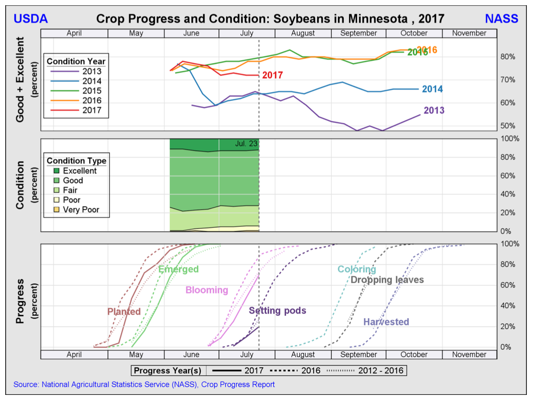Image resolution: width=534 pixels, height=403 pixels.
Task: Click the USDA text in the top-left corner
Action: pyautogui.click(x=31, y=19)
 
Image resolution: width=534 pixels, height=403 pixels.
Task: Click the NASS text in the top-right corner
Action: pyautogui.click(x=502, y=19)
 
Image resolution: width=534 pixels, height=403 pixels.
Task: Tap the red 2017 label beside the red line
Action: pyautogui.click(x=272, y=75)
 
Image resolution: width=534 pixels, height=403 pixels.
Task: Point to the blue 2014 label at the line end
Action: pyautogui.click(x=432, y=89)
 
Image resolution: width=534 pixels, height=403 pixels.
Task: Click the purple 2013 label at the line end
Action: pyautogui.click(x=434, y=111)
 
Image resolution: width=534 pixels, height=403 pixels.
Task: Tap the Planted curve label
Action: pyautogui.click(x=124, y=312)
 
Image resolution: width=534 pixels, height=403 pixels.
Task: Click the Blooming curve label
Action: pyautogui.click(x=206, y=290)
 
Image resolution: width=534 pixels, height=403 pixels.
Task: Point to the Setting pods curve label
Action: pyautogui.click(x=277, y=310)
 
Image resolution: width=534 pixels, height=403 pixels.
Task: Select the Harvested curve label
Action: pyautogui.click(x=386, y=322)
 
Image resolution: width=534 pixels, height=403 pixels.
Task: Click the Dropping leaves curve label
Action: pyautogui.click(x=387, y=280)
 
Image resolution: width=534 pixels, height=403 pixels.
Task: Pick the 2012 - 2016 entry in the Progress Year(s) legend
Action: pyautogui.click(x=380, y=371)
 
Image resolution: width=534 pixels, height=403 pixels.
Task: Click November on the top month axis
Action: pyautogui.click(x=469, y=33)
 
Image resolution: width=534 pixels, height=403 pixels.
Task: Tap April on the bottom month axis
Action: pyautogui.click(x=74, y=354)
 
